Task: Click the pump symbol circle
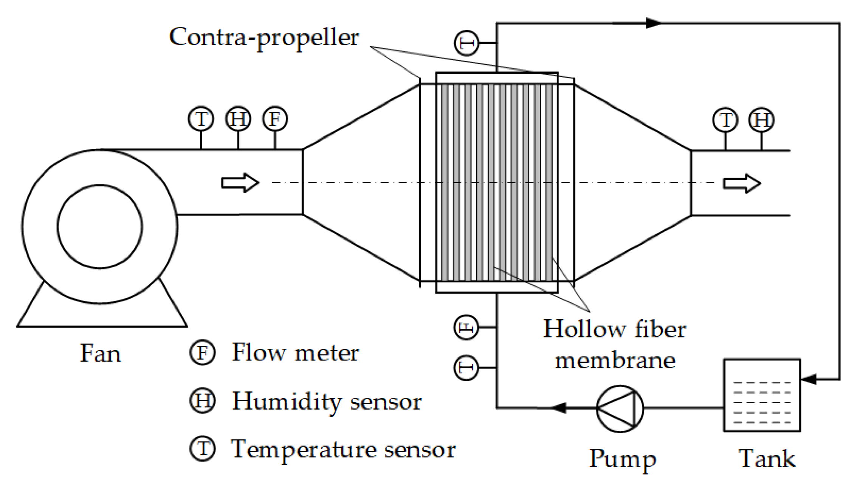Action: click(x=620, y=408)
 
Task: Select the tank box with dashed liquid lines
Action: click(x=762, y=395)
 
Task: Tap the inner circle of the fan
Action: click(x=100, y=227)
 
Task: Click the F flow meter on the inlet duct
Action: click(x=275, y=119)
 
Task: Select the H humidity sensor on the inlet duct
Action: click(x=238, y=119)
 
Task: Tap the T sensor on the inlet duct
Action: click(x=201, y=119)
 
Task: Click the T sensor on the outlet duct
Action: click(x=725, y=120)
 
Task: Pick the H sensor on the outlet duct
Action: click(x=761, y=120)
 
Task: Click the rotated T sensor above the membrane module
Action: click(x=466, y=43)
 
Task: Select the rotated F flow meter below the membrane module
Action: click(x=466, y=327)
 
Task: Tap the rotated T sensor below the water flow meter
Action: click(x=466, y=368)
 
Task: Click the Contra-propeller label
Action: click(x=264, y=38)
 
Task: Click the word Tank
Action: click(x=767, y=458)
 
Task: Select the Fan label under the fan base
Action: click(x=101, y=354)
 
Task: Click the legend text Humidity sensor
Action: click(x=327, y=401)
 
